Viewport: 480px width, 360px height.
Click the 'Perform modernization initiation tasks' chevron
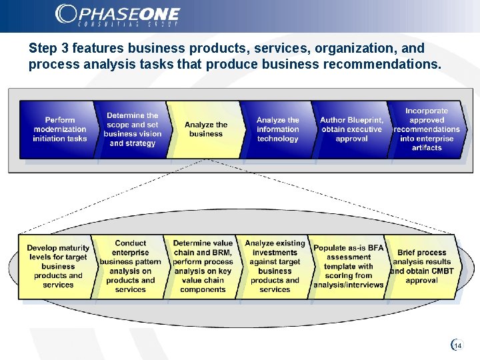(59, 129)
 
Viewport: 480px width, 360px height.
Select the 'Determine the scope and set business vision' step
(132, 129)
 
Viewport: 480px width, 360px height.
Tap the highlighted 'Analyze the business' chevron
(205, 129)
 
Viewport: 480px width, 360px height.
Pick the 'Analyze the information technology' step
(277, 129)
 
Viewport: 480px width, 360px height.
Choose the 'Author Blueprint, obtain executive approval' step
(351, 129)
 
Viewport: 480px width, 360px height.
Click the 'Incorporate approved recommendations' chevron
(427, 129)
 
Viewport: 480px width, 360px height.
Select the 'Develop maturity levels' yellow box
(58, 267)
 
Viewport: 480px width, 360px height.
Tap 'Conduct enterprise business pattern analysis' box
(131, 267)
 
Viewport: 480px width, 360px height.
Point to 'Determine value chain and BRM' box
(203, 267)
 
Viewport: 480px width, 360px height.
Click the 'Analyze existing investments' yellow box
(275, 267)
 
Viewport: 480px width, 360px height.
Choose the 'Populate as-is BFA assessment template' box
(348, 267)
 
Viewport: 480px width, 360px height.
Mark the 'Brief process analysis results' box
(421, 267)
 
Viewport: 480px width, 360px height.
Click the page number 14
(458, 345)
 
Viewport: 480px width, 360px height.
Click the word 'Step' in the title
(43, 49)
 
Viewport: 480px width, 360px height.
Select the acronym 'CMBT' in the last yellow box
(439, 271)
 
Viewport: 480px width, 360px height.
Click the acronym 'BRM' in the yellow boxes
(221, 253)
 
